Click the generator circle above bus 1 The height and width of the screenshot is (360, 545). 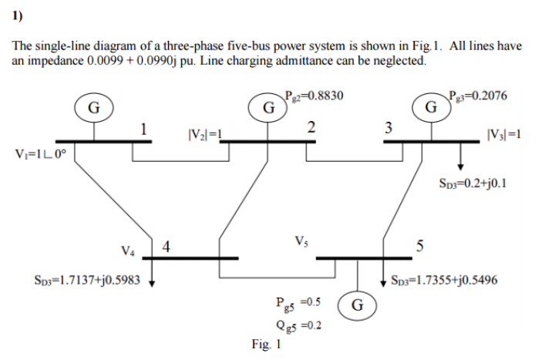(93, 107)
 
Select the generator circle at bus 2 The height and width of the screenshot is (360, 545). (266, 106)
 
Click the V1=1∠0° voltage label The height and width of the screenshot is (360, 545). (42, 152)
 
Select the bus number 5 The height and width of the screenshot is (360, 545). (419, 247)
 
